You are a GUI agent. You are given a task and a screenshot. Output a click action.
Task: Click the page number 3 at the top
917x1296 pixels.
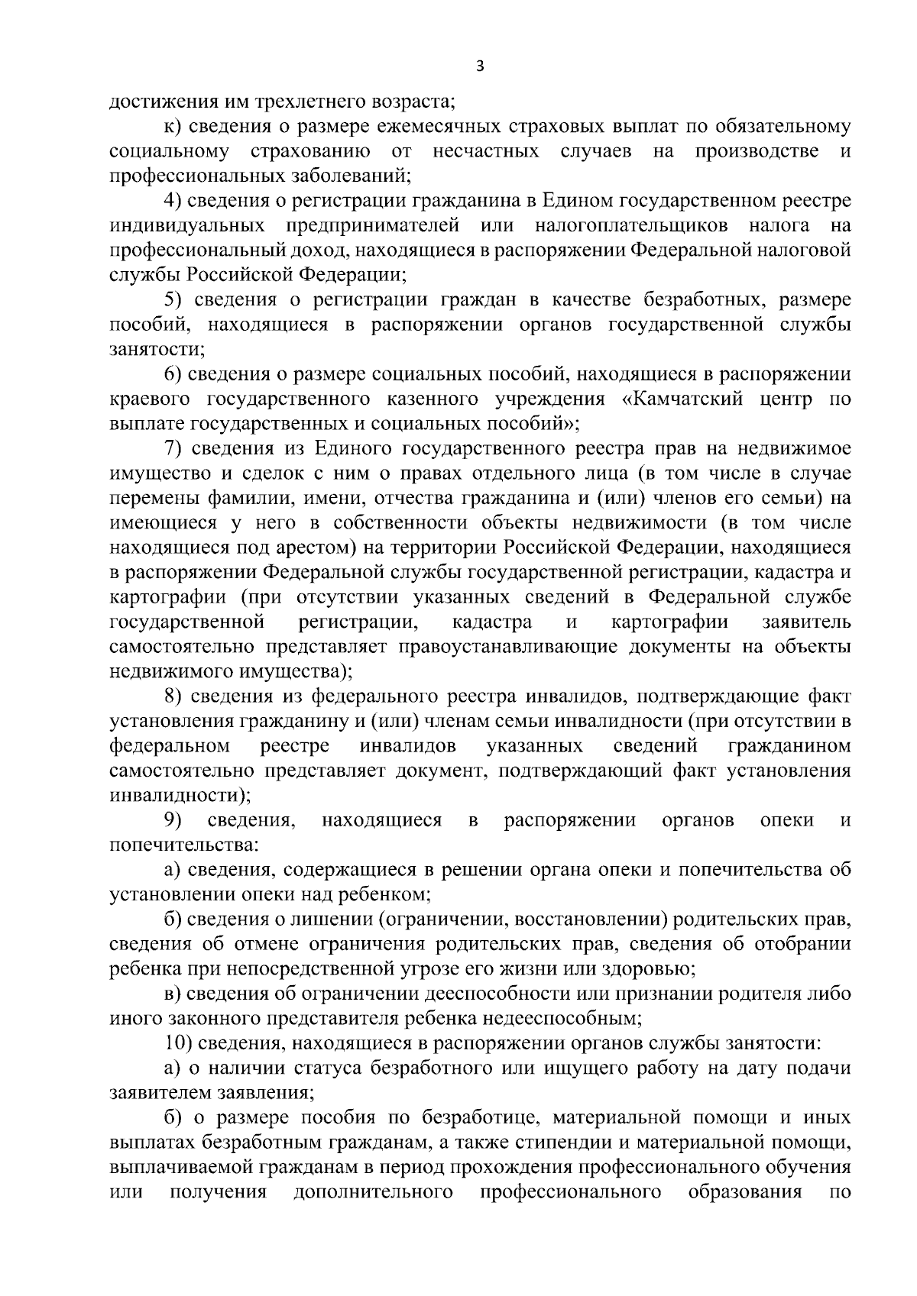pyautogui.click(x=479, y=66)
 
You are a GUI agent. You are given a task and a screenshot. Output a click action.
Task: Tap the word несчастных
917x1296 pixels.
pyautogui.click(x=485, y=151)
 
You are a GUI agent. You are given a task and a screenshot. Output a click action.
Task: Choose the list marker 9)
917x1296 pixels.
pyautogui.click(x=173, y=821)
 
